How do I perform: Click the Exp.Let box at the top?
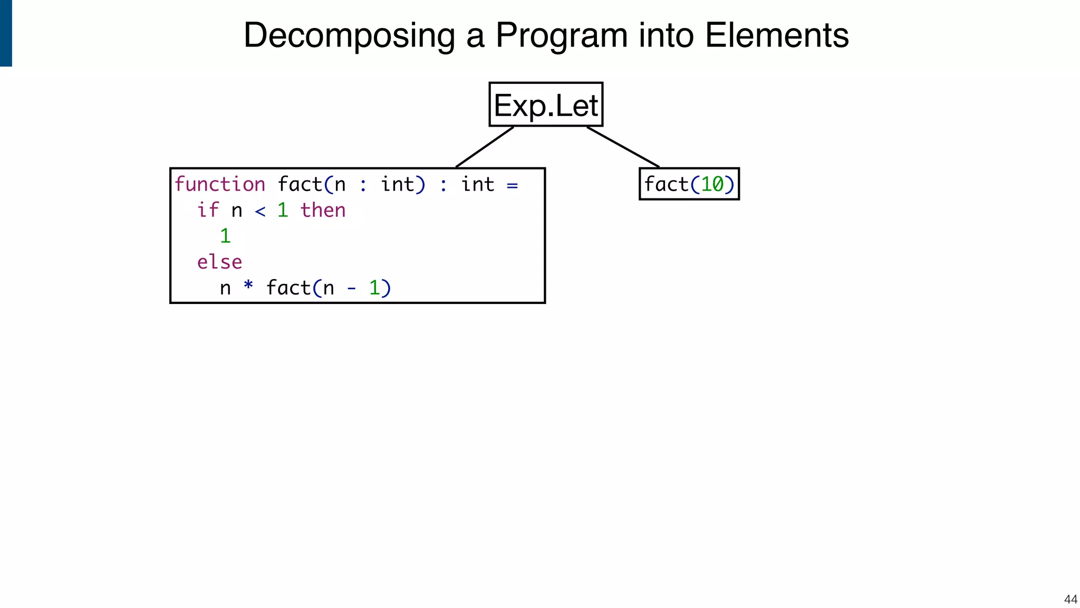(x=545, y=104)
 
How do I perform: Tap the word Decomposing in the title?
(x=349, y=35)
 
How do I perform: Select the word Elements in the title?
(x=776, y=35)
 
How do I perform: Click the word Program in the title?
(x=561, y=35)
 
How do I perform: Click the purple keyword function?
(x=219, y=185)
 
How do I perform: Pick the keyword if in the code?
(x=208, y=210)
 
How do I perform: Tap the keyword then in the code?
(x=323, y=210)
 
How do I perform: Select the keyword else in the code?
(x=219, y=262)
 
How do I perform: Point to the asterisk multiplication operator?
(x=248, y=286)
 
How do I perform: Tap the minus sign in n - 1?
(x=351, y=289)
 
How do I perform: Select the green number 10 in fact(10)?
(x=712, y=185)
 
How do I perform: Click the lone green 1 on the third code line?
(x=225, y=236)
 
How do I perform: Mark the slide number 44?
(x=1070, y=599)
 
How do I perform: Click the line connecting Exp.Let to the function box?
(x=484, y=147)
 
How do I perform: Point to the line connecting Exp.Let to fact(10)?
(x=623, y=147)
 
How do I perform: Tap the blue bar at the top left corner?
(x=6, y=33)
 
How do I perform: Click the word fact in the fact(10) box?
(x=666, y=185)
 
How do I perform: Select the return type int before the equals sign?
(x=477, y=185)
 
